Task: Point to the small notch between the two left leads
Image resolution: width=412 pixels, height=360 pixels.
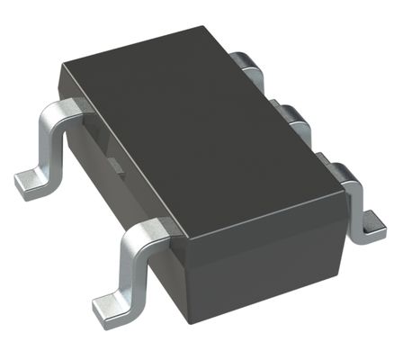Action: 114,165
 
